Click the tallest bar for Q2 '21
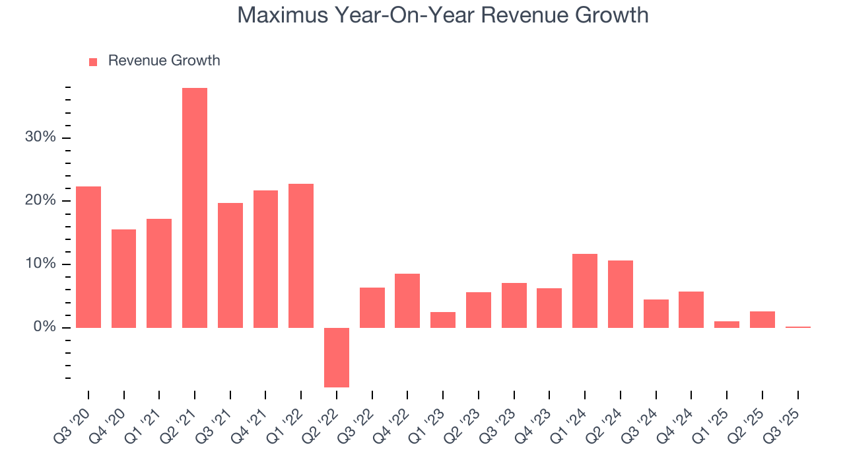coord(195,208)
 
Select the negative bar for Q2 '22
coord(337,357)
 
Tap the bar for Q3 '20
coord(88,257)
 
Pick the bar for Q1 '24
coord(585,291)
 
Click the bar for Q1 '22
coord(301,256)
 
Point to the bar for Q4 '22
coord(407,301)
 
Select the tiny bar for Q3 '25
coord(797,327)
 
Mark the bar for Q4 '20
coord(124,278)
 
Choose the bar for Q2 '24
coord(621,294)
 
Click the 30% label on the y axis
coord(40,138)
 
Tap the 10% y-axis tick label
coord(40,264)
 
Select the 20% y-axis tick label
coord(40,201)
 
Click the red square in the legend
coord(93,61)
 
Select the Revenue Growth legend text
coord(164,61)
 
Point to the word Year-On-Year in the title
coord(398,15)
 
